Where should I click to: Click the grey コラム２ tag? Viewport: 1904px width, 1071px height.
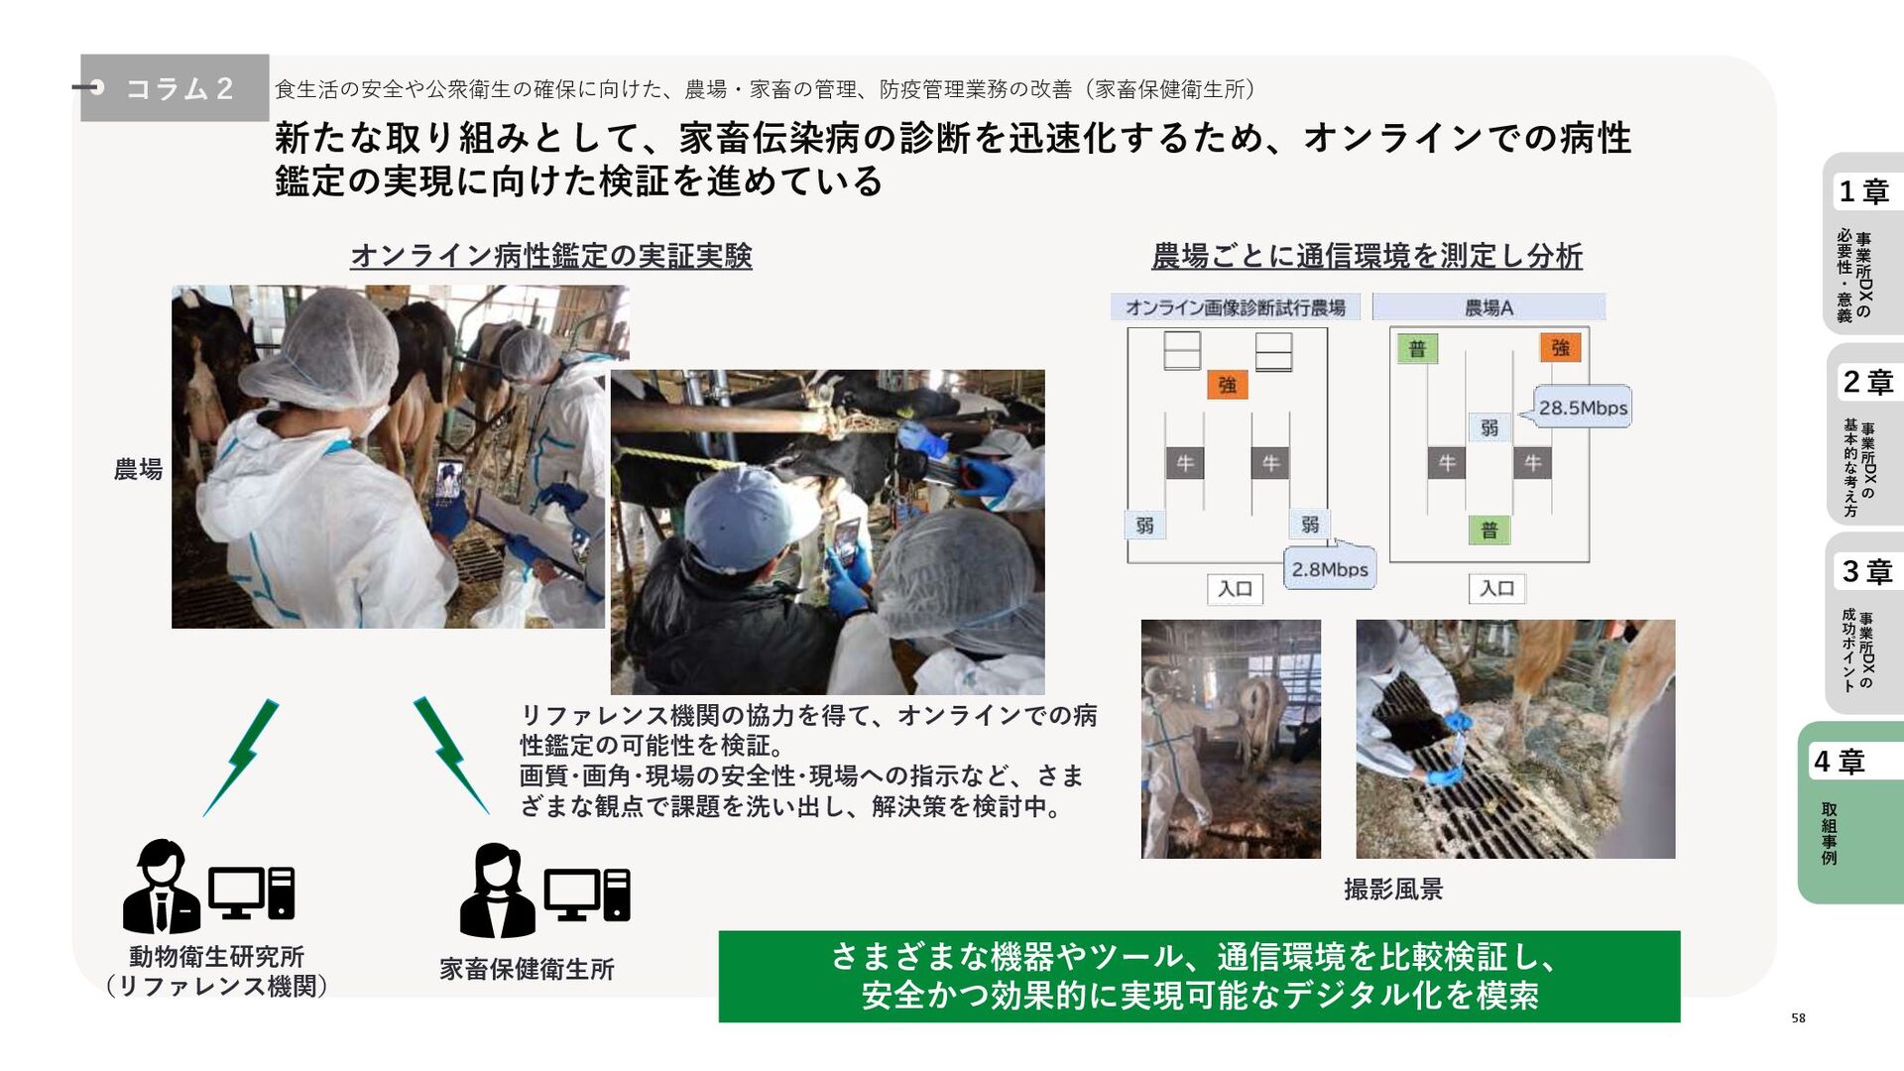[x=175, y=88]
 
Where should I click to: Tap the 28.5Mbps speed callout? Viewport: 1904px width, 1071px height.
[x=1582, y=407]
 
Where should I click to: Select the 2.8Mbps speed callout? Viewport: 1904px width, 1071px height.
[x=1330, y=568]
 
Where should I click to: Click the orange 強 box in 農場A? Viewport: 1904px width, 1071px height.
[x=1560, y=347]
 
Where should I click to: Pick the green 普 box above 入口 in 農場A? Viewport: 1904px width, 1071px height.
[x=1488, y=530]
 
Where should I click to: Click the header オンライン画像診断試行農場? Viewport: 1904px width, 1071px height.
[x=1235, y=307]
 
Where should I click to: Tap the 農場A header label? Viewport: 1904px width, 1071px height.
[x=1488, y=307]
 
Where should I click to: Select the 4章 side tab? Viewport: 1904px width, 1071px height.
[x=1850, y=812]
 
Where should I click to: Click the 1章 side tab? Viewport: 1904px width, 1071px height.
[x=1863, y=244]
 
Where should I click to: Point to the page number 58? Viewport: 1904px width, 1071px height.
[x=1798, y=1017]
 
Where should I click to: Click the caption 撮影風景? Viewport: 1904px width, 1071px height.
[x=1393, y=889]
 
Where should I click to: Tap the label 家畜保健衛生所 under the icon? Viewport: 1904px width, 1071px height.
[x=527, y=969]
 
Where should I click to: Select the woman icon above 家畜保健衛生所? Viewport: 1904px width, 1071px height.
[x=497, y=891]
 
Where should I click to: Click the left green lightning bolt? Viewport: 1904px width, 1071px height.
[x=241, y=758]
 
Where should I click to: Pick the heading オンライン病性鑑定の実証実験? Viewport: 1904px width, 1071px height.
[x=551, y=256]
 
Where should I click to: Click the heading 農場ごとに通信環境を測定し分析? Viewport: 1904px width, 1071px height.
[x=1367, y=256]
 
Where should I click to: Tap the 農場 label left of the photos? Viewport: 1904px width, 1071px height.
[x=138, y=469]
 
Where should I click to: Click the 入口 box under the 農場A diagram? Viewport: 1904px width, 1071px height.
[x=1496, y=588]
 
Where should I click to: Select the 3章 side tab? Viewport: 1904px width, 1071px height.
[x=1865, y=624]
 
